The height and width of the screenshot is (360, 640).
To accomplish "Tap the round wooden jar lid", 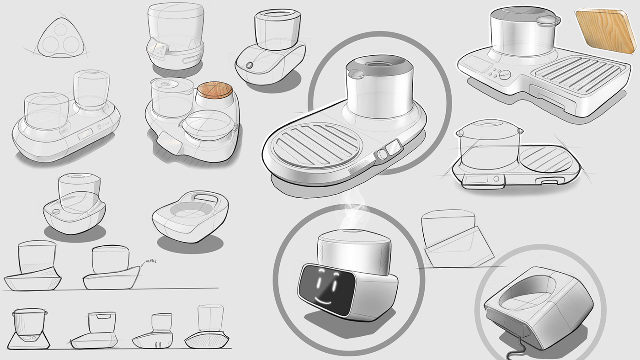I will pyautogui.click(x=215, y=90).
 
